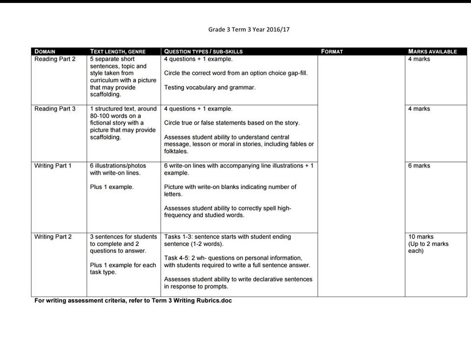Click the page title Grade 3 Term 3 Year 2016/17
pos(249,29)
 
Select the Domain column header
pos(45,51)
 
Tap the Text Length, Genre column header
pos(118,51)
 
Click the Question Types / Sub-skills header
pos(203,51)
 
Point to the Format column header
pos(332,51)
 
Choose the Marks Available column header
pos(432,51)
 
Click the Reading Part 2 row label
pos(55,59)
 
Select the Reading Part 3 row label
pos(55,109)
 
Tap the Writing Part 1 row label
pos(53,166)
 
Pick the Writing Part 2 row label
pos(53,237)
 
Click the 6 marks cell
pos(419,166)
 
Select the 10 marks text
pos(421,237)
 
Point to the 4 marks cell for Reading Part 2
pos(419,59)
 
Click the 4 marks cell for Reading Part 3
pos(419,109)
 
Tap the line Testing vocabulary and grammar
pos(209,87)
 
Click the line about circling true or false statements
pos(232,123)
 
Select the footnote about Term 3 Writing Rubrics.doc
pos(132,301)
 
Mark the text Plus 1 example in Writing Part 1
pos(112,187)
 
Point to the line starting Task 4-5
pos(233,258)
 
